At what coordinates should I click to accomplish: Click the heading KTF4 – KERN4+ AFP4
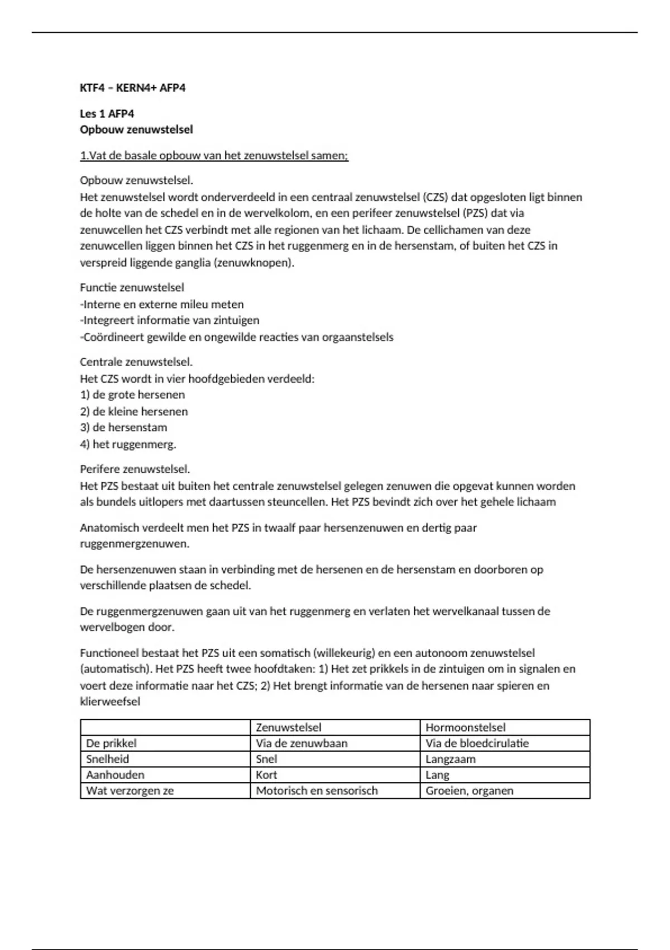pos(132,88)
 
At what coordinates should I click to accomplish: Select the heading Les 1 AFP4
pos(107,114)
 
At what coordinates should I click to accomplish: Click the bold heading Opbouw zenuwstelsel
pos(136,130)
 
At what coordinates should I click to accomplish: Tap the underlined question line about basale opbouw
pos(214,156)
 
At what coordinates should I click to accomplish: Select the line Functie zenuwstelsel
pos(132,288)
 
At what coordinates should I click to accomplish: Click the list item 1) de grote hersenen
pos(132,395)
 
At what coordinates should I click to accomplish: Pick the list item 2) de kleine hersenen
pos(134,412)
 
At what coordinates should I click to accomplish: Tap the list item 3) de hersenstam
pos(123,427)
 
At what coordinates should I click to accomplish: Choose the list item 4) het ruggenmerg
pos(128,445)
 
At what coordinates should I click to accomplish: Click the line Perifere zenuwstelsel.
pos(135,469)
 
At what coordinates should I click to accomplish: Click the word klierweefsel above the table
pos(110,702)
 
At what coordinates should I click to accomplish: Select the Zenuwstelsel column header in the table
pos(288,728)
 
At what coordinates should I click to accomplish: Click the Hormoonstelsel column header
pos(465,728)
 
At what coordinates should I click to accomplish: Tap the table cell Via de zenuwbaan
pos(301,743)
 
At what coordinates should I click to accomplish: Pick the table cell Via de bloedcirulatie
pos(477,743)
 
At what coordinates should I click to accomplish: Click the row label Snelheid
pos(107,759)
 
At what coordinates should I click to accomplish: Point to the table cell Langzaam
pos(450,759)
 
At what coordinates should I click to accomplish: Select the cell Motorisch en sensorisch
pos(317,791)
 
